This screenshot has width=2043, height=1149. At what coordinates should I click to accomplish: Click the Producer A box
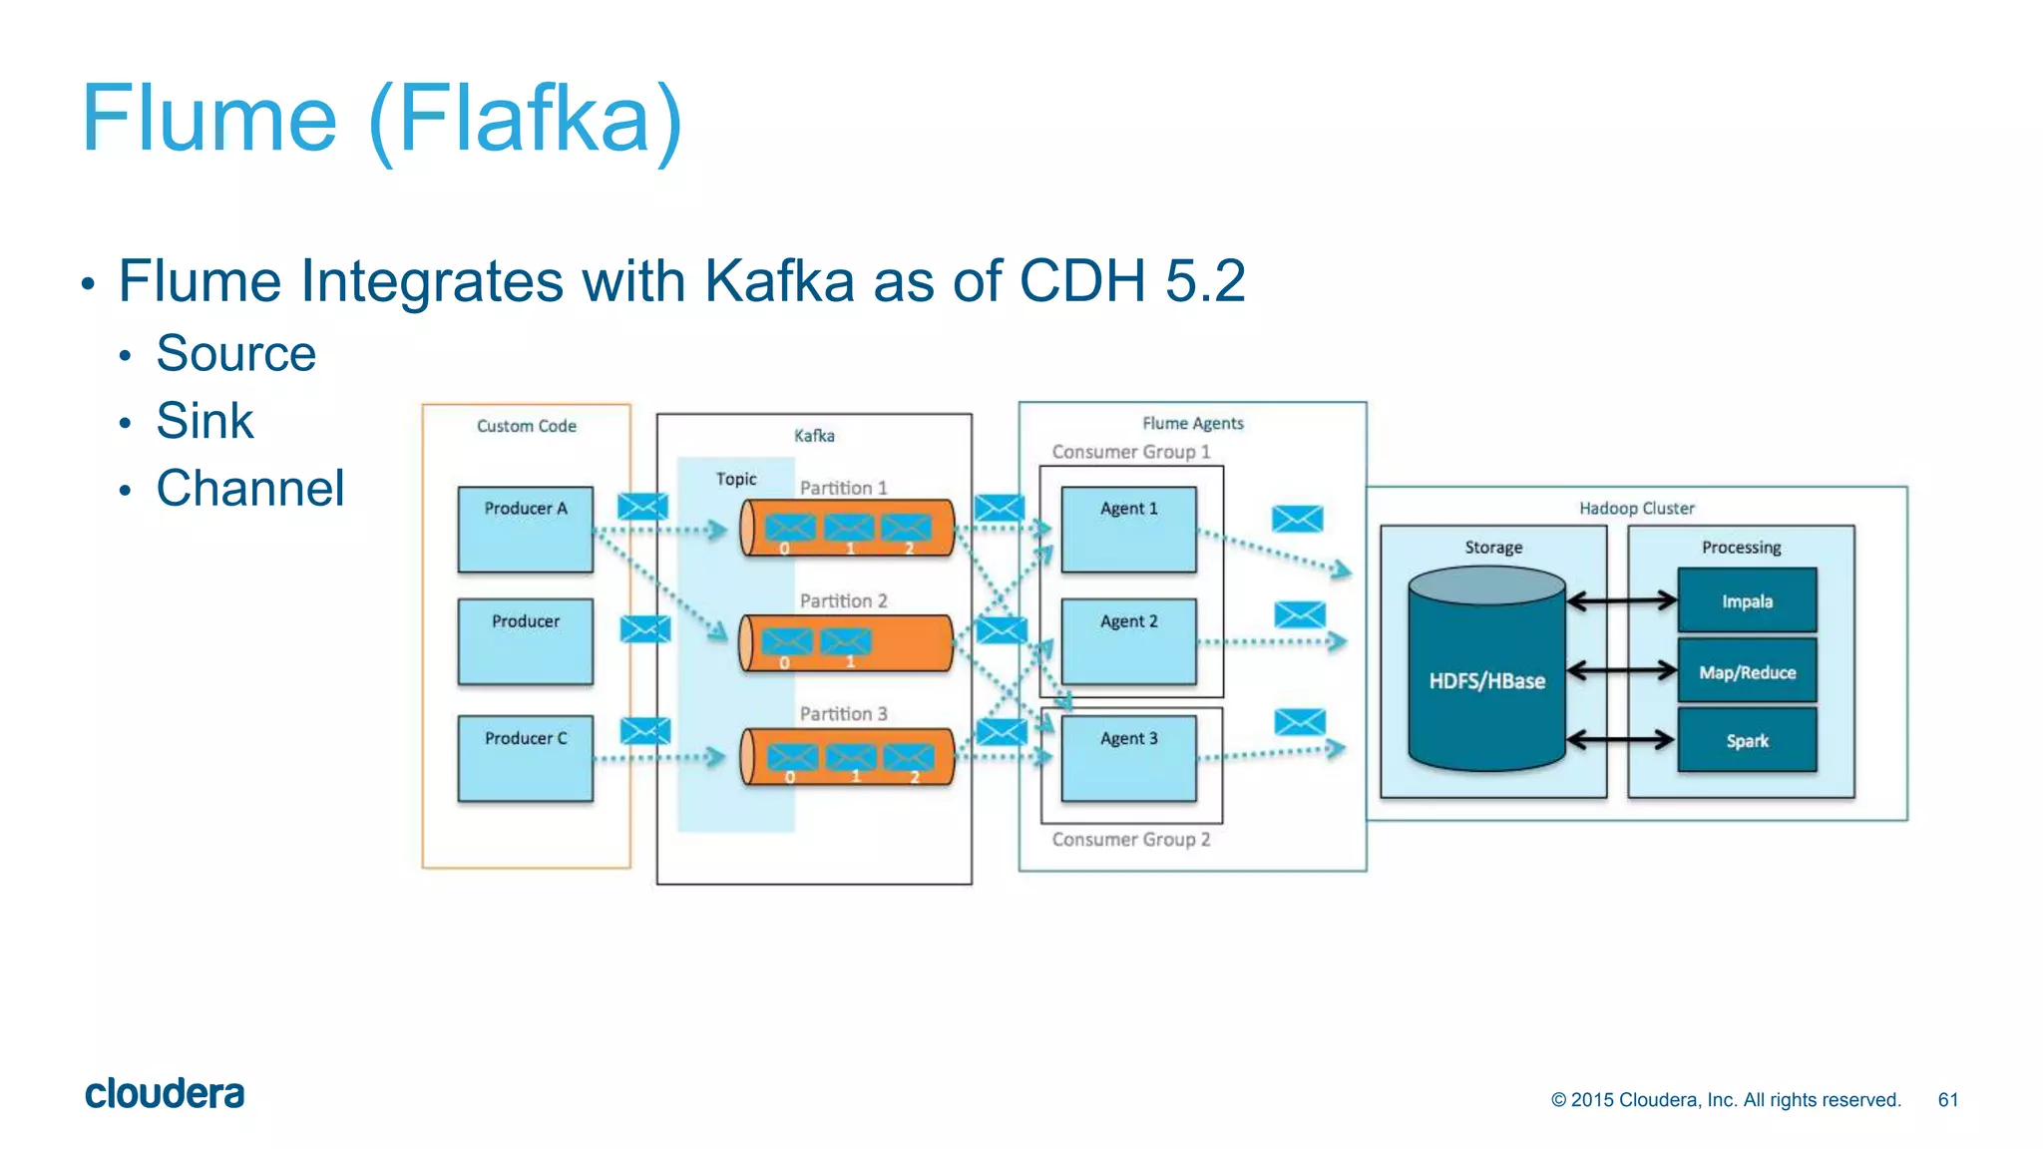(525, 529)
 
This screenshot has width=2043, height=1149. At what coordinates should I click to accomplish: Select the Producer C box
(525, 758)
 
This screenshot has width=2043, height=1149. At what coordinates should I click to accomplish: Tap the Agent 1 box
(1128, 529)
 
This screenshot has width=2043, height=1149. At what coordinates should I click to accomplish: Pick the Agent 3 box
(1128, 758)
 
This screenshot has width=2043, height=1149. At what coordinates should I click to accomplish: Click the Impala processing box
(1747, 600)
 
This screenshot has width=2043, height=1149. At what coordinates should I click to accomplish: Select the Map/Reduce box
(1747, 671)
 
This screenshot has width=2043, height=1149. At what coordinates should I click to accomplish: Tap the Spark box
(1747, 740)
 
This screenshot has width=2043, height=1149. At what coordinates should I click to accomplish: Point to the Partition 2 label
(843, 600)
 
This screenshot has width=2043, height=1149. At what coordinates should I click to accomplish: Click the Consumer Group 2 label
(1130, 839)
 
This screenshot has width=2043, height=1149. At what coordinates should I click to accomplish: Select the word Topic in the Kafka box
(736, 479)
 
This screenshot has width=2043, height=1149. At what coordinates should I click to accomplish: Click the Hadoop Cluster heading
(1636, 508)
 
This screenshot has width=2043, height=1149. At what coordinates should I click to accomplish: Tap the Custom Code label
(526, 426)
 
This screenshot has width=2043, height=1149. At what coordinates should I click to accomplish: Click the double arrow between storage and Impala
(1621, 600)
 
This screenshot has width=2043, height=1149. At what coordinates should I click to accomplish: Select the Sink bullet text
(204, 420)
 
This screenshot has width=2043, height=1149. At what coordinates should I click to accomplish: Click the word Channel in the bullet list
(249, 488)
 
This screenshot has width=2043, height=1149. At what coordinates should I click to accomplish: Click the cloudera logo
(165, 1093)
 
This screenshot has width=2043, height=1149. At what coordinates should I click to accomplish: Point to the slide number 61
(1947, 1099)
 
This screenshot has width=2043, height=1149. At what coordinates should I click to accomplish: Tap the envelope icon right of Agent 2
(1300, 614)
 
